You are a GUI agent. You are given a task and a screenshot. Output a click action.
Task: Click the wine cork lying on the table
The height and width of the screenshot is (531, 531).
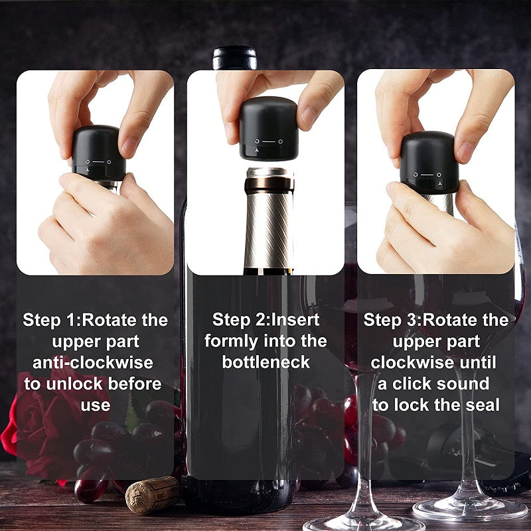tap(151, 494)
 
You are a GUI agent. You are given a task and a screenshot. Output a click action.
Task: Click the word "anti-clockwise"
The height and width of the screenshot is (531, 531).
tap(93, 362)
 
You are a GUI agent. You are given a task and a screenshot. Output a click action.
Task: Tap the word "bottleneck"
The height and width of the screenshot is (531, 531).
tap(265, 362)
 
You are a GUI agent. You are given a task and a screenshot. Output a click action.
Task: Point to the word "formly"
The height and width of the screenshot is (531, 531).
tap(230, 341)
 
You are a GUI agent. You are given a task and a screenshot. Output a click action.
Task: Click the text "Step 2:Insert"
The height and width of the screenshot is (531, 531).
tap(265, 320)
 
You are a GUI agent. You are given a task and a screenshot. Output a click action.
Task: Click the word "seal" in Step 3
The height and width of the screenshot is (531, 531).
tap(483, 405)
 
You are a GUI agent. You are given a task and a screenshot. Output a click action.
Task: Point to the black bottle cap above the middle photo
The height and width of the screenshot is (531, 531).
tap(235, 57)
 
